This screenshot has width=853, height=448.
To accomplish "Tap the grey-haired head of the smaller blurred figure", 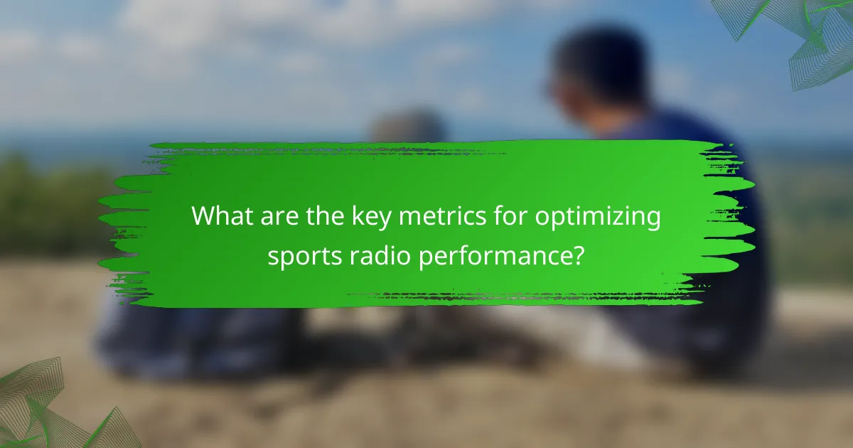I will (409, 128).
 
